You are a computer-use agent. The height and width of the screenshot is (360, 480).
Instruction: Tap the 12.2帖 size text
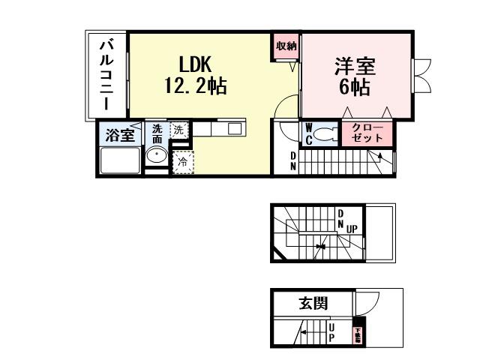(x=195, y=85)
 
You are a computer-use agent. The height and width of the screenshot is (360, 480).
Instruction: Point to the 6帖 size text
(x=355, y=87)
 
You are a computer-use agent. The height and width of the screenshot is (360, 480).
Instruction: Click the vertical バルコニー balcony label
(x=106, y=75)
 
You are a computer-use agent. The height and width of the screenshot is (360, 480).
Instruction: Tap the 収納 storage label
(x=286, y=46)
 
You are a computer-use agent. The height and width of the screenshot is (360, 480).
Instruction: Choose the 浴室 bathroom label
(x=118, y=136)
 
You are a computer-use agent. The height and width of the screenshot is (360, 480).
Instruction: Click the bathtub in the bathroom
(x=119, y=160)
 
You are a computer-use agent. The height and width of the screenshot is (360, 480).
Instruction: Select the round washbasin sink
(x=157, y=157)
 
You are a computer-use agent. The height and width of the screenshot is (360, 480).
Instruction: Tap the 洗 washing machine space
(x=179, y=129)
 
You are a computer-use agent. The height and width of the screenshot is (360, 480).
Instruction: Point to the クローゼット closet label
(x=367, y=133)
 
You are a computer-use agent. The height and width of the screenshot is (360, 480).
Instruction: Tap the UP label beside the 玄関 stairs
(x=331, y=331)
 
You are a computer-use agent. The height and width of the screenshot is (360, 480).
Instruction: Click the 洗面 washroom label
(x=157, y=133)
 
